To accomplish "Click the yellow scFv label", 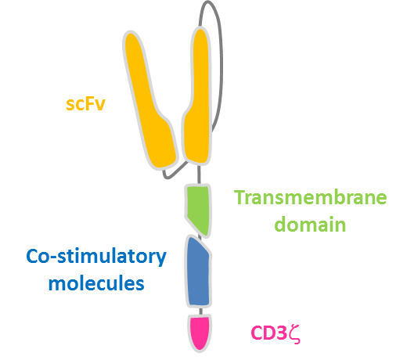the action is [85, 104].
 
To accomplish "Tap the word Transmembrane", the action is [310, 197].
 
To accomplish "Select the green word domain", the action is [310, 224].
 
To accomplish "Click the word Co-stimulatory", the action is [96, 257].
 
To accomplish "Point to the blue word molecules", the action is [96, 283].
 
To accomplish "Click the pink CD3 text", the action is [268, 333].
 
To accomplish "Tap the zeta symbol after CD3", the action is [294, 334].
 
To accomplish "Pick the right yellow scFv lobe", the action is [198, 96].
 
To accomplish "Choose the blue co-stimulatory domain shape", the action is [198, 272].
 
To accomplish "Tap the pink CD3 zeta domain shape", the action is [200, 332].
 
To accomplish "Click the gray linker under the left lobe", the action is [175, 175].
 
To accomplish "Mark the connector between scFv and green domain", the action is [199, 175].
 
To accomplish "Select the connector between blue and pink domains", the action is [200, 311].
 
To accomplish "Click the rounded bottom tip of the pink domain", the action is [200, 351].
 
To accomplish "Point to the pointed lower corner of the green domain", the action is [206, 237].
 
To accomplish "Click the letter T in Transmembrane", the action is [239, 197].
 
